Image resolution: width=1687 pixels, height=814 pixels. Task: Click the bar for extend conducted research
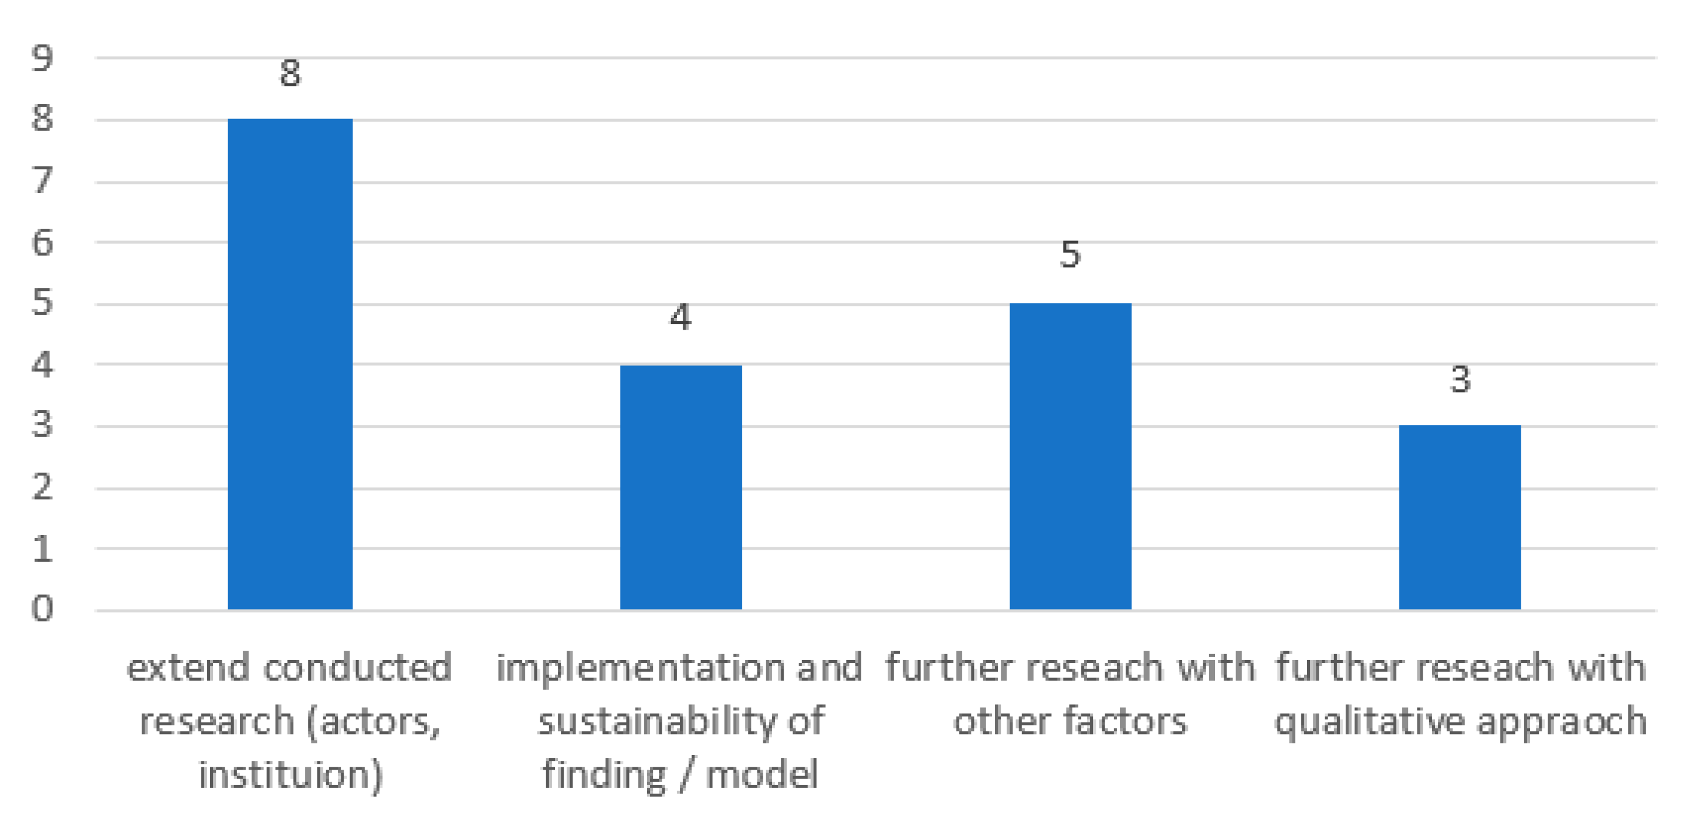tap(290, 364)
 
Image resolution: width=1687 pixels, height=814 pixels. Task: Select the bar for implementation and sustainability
tap(680, 487)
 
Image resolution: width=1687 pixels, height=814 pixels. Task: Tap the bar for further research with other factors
tap(1070, 456)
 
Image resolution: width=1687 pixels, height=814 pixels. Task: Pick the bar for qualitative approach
tap(1460, 518)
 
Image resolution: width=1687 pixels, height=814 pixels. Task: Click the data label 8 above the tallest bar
tap(290, 74)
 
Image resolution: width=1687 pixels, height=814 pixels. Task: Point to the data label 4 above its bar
tap(680, 317)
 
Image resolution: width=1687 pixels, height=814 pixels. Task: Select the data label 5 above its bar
tap(1070, 255)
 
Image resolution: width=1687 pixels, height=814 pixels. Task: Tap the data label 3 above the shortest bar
tap(1460, 380)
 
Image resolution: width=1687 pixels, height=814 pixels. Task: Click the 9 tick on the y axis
tap(42, 59)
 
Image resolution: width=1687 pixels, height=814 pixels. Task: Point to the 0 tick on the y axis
tap(42, 609)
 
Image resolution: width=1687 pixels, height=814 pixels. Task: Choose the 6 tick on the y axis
tap(42, 243)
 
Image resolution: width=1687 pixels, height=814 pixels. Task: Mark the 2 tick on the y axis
tap(42, 487)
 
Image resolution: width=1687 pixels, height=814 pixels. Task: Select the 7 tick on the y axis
tap(42, 181)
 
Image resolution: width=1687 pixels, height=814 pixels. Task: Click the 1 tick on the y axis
tap(42, 549)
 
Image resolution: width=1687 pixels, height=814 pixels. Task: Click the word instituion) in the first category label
tap(291, 775)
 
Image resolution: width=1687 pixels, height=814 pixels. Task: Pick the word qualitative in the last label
tap(1370, 722)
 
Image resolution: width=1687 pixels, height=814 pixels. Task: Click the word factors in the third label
tap(1124, 721)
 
